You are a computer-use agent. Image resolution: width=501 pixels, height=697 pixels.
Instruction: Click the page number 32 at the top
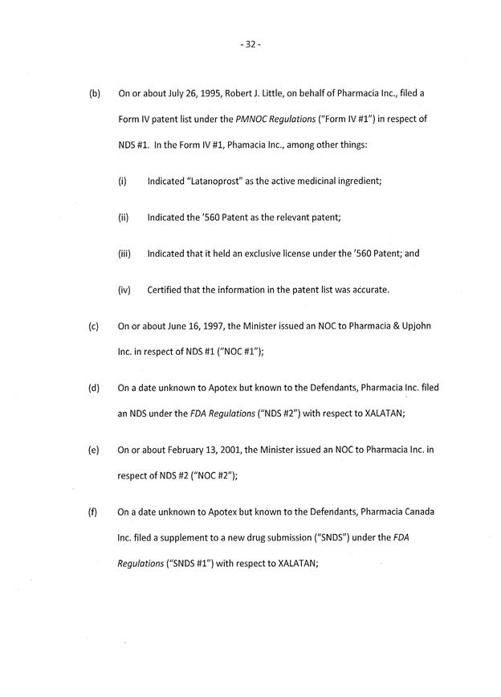coord(250,44)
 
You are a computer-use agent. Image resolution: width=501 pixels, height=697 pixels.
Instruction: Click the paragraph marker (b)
coord(95,93)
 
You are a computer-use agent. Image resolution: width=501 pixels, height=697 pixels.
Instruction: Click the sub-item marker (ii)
coord(122,217)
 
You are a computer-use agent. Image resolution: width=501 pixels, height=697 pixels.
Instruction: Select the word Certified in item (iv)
coord(167,289)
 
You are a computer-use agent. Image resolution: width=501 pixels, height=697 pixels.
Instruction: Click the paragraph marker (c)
coord(94,326)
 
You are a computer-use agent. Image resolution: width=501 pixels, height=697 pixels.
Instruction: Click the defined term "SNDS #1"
coord(186,564)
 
